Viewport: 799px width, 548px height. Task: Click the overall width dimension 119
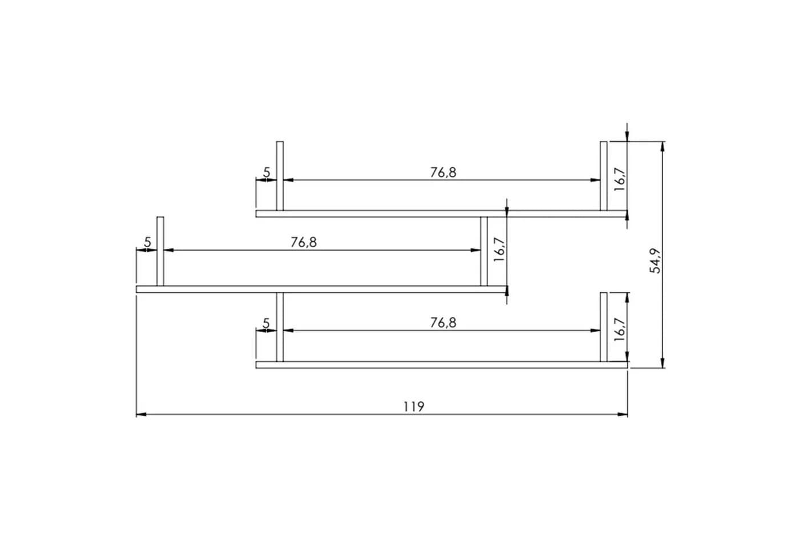click(414, 406)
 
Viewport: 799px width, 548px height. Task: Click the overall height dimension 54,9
click(655, 261)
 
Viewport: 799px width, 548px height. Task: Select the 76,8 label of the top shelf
click(443, 172)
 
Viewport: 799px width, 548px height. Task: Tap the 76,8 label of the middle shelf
click(304, 243)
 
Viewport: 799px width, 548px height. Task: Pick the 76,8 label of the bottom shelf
click(443, 323)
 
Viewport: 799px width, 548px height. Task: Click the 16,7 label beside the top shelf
click(620, 179)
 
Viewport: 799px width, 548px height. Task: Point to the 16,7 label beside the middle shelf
click(499, 249)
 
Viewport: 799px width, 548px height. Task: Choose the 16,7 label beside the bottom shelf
click(620, 329)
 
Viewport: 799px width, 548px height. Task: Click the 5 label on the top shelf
click(267, 172)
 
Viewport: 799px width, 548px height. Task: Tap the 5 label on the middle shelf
click(148, 243)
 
